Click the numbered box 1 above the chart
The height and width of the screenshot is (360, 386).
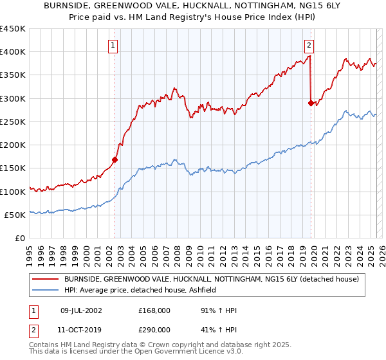pyautogui.click(x=113, y=46)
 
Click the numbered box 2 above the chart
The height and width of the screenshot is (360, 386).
pyautogui.click(x=309, y=46)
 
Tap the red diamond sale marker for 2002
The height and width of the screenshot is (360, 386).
pyautogui.click(x=115, y=159)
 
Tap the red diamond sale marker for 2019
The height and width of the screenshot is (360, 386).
pyautogui.click(x=311, y=103)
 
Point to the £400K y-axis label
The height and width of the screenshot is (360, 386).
pyautogui.click(x=13, y=52)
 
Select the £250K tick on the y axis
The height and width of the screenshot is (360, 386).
pyautogui.click(x=13, y=122)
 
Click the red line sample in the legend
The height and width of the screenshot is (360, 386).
pyautogui.click(x=45, y=278)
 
